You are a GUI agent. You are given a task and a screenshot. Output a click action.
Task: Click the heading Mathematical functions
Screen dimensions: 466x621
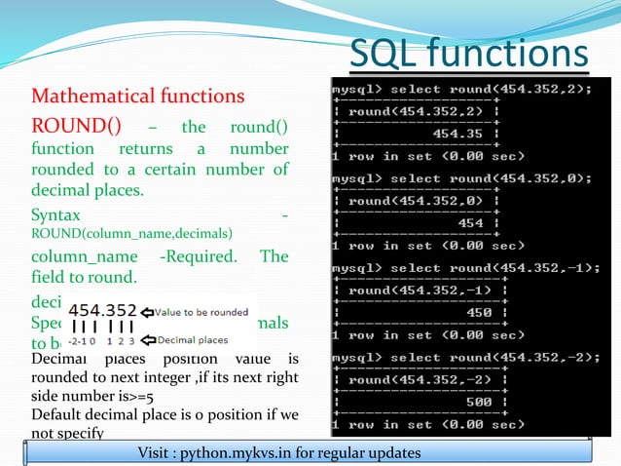point(137,97)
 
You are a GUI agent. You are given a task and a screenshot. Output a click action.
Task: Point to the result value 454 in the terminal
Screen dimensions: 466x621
point(471,223)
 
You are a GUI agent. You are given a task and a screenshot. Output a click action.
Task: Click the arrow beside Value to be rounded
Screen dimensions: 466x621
point(147,311)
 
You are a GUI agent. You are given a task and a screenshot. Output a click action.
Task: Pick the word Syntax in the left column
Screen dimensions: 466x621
point(56,214)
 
